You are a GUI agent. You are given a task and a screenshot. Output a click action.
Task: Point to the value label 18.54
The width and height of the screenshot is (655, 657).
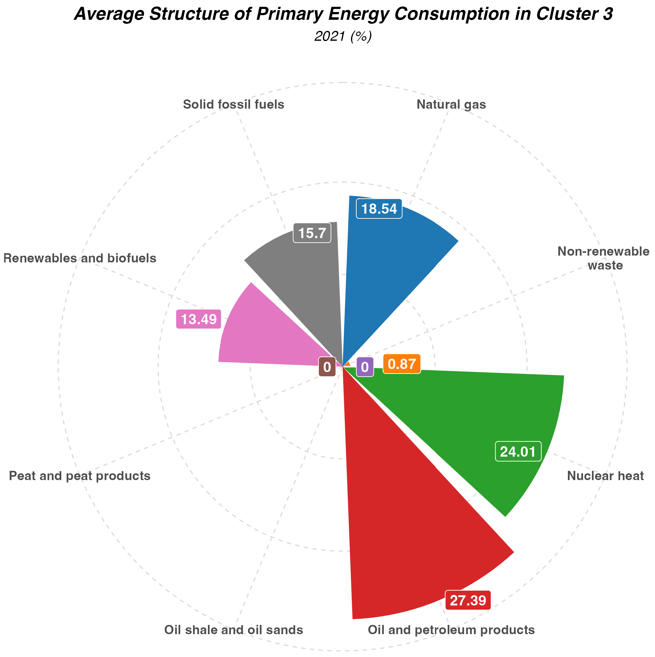(379, 209)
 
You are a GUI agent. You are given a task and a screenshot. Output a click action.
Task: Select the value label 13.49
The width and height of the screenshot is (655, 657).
(198, 319)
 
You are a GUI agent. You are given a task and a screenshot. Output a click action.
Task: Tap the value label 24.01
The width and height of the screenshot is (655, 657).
(518, 452)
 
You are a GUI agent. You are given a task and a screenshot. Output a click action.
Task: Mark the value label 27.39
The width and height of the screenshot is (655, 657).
(468, 601)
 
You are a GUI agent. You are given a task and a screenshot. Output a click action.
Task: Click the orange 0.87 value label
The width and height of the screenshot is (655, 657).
(402, 364)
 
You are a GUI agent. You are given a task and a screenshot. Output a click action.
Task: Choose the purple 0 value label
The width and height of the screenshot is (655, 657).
(365, 367)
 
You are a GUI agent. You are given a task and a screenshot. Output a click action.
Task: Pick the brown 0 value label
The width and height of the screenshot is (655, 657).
(327, 367)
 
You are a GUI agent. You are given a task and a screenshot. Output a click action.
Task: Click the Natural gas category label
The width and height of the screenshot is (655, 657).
(451, 104)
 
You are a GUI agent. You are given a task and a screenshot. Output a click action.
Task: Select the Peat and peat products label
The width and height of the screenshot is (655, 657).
(80, 476)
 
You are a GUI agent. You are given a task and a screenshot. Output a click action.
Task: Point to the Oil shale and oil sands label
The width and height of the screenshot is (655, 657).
(233, 630)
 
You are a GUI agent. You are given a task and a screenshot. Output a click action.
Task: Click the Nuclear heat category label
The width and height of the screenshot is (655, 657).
(605, 476)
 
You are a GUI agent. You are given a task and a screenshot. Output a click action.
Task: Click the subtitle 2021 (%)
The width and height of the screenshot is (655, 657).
(343, 36)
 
